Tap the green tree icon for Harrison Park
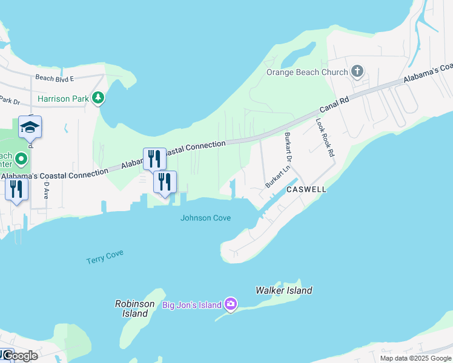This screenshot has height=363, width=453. [x=98, y=98]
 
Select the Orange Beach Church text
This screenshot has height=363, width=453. [x=308, y=72]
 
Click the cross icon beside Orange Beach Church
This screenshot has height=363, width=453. [x=357, y=72]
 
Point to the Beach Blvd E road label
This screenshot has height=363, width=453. [x=55, y=78]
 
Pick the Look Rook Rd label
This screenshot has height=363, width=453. [x=325, y=137]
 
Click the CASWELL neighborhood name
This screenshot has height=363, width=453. [x=306, y=189]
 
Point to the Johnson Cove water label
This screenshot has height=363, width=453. [x=206, y=218]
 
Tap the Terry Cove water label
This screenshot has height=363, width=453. [x=105, y=257]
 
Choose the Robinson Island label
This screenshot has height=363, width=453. [x=134, y=309]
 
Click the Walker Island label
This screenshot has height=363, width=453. [x=284, y=290]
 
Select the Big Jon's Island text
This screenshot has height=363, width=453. [x=192, y=305]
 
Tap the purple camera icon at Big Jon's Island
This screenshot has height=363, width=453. [x=230, y=304]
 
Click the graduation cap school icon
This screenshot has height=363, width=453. [x=30, y=128]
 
